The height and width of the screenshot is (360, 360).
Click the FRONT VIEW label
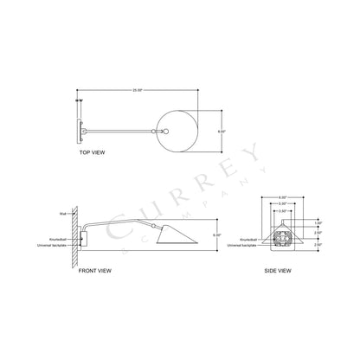coord(94,271)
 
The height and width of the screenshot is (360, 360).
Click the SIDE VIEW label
coord(278,271)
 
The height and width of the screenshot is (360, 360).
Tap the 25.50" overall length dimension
coord(137,90)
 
